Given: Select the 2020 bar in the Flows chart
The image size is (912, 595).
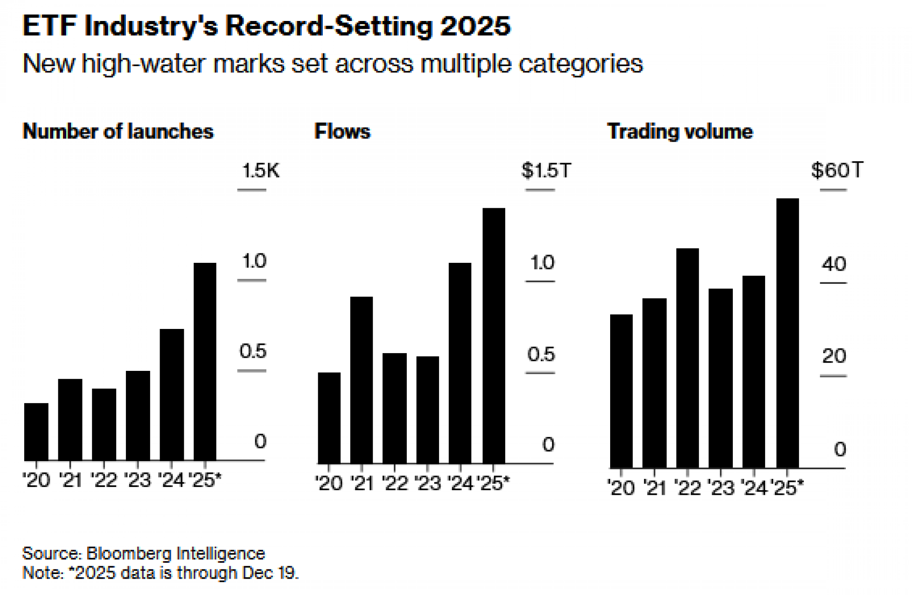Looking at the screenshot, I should coord(329,418).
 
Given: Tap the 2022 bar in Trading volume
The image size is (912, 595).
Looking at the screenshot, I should coord(687,358).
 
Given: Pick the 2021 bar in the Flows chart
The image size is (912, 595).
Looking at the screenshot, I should coord(361,380).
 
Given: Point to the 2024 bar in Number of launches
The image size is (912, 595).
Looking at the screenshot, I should coord(171,395).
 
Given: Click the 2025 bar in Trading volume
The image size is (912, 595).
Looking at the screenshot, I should coord(787,333).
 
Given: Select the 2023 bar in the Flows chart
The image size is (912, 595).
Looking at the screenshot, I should coord(427,410).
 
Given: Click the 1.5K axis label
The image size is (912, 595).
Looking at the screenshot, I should coord(260,170).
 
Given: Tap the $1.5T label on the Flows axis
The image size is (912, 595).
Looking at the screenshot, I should coord(546,170).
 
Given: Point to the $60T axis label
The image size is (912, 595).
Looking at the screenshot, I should coord(837,170).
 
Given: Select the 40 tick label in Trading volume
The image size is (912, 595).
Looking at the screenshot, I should coord(834,264).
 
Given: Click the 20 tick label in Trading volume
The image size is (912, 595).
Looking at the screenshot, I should coord(834,356).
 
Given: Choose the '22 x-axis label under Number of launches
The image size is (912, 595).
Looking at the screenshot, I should coord(104,480).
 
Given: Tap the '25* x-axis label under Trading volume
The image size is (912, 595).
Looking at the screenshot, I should coord(787,488).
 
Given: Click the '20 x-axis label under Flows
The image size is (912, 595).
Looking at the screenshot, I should coord(329,483).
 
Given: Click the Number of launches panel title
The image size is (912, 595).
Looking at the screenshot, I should coord(118,132).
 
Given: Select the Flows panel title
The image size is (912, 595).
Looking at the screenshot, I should coord(342,132).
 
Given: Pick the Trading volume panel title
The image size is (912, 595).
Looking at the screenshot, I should coord(680,132).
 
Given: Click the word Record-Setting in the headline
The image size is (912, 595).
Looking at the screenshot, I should coord(328,26).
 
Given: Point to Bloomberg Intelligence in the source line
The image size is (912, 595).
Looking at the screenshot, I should coord(176,554).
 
